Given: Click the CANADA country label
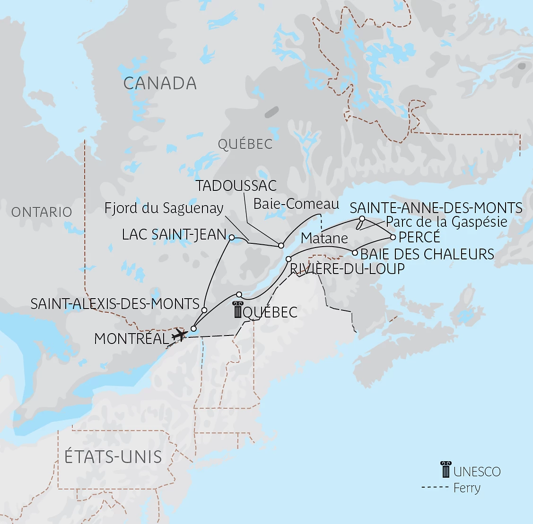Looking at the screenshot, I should pos(160,83).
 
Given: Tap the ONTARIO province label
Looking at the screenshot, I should pos(42,212).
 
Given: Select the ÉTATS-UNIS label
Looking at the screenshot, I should pos(113,457).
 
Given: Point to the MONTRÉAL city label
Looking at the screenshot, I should pos(131,339).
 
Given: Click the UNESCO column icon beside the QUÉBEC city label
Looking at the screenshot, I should pos(237,311).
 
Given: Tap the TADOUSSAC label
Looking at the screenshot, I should pos(236,186).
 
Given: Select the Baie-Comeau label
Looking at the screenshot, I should pos(296,204).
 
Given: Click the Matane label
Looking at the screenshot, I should pos(324,238).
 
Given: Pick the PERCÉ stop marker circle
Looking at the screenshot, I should pos(393,237).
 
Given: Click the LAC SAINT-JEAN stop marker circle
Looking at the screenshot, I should pos(232,238).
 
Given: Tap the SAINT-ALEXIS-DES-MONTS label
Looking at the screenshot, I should pos(115,304).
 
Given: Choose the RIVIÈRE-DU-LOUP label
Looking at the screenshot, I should pos(348,269).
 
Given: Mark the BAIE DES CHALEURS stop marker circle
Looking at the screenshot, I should pos(355,253).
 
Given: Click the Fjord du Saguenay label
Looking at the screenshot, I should pos(164,208).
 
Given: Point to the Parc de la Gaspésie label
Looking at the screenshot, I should pos(446,222).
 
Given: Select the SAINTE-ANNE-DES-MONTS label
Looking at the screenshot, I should pos(436,208).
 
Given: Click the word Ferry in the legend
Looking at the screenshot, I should pos(467,488).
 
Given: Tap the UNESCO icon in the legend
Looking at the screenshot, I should pos(446,470).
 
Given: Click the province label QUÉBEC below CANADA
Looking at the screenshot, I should pos(245,144).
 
